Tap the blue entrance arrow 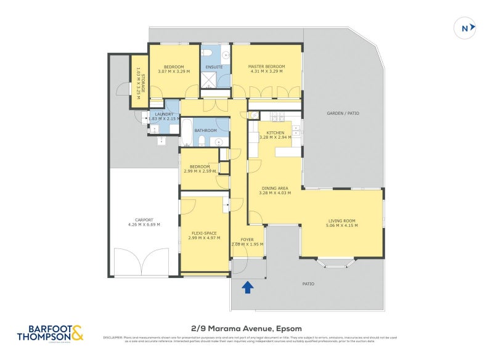[x=248, y=287]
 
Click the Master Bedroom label [x=266, y=66]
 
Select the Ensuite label [x=215, y=66]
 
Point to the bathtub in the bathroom [x=186, y=133]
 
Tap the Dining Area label [x=275, y=188]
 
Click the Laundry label [x=164, y=114]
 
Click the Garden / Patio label [x=343, y=113]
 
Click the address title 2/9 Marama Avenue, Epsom [x=246, y=329]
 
